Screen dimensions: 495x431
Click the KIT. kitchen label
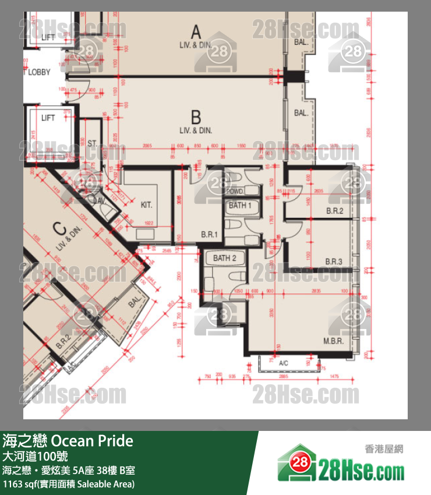pos(146,205)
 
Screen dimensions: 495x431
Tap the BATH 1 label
pos(240,205)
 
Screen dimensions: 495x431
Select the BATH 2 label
pos(224,258)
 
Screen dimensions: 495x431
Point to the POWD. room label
pos(235,192)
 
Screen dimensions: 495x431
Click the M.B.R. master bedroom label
pos(333,341)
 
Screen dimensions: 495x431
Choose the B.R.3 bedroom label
pos(334,261)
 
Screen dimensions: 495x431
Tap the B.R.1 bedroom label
pos(209,235)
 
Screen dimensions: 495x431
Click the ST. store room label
pos(93,143)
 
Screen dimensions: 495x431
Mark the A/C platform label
pos(284,363)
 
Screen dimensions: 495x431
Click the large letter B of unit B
pos(196,116)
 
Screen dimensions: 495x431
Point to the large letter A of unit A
pos(196,31)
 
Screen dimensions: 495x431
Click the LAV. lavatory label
pos(98,200)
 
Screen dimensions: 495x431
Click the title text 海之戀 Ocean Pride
pos(68,441)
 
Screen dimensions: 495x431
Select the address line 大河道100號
pos(35,455)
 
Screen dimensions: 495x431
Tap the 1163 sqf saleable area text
pos(69,484)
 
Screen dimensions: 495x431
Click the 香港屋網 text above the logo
pos(384,449)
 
